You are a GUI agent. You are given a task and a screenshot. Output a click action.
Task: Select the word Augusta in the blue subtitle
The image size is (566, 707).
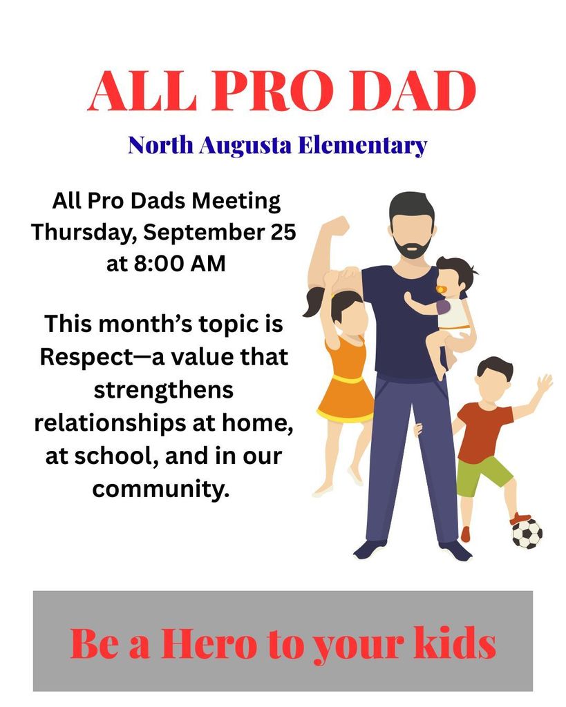point(245,146)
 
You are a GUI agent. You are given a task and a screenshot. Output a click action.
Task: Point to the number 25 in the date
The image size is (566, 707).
point(283,232)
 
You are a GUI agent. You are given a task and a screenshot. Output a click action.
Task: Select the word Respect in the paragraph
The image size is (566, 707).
point(86,358)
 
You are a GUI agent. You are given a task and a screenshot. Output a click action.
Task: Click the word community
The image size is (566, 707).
point(161,489)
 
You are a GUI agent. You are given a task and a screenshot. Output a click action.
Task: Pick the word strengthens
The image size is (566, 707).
point(163,390)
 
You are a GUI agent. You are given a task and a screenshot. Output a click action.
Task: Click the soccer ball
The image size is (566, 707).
point(527,534)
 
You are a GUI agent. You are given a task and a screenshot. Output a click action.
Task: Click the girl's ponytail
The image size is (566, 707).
point(314,303)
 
